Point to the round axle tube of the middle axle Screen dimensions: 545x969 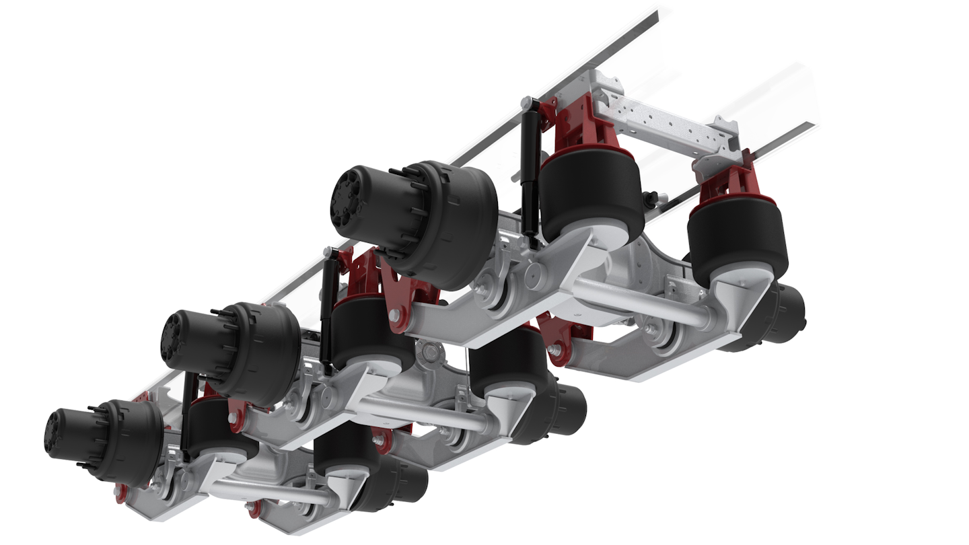pyautogui.click(x=424, y=412)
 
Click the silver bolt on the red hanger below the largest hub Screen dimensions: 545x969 pyautogui.click(x=394, y=315)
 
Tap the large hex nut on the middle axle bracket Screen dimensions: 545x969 pyautogui.click(x=425, y=349)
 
